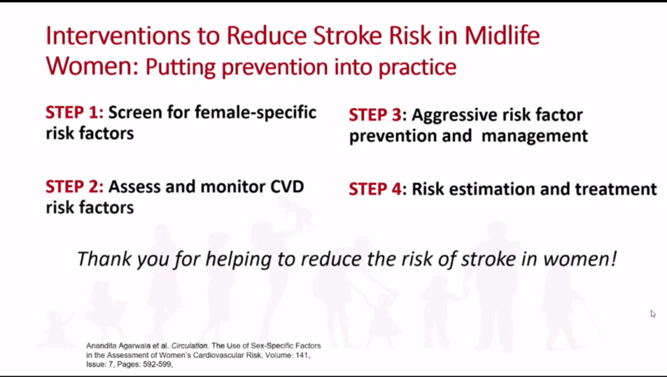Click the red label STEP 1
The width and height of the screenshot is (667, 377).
[74, 112]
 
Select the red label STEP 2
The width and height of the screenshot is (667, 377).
[74, 187]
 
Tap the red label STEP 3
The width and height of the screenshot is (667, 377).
[375, 115]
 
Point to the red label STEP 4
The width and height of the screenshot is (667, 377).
[375, 189]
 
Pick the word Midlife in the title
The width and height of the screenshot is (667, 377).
[502, 35]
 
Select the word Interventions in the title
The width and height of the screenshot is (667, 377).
[118, 35]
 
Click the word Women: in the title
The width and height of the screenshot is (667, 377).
[92, 66]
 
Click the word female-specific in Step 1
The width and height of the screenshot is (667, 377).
[255, 113]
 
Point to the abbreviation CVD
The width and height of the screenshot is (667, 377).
[287, 187]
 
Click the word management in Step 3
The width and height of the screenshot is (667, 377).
[535, 136]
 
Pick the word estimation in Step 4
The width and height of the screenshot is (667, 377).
[489, 189]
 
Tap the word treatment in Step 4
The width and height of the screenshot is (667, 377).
[616, 189]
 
